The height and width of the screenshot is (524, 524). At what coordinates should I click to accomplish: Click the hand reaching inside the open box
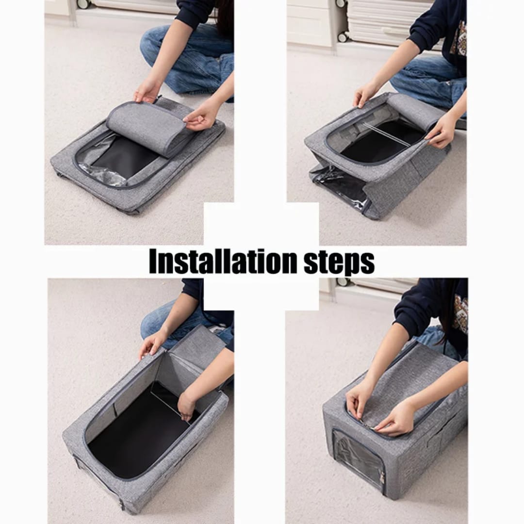point(186,405)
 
